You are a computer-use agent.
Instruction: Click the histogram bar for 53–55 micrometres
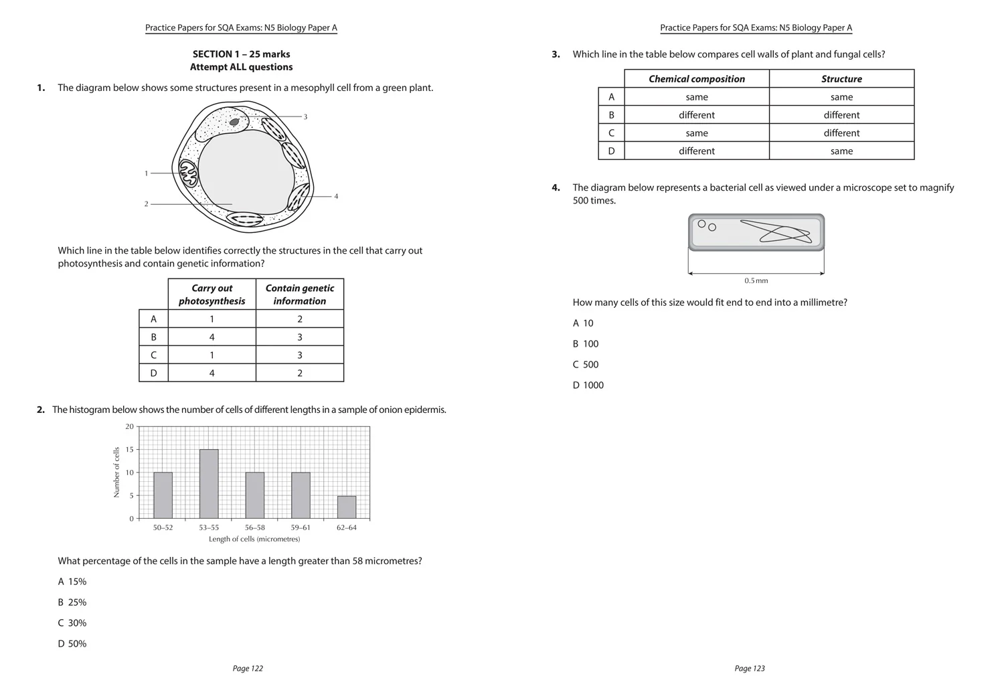click(x=209, y=484)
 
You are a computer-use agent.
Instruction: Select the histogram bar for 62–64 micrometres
click(x=347, y=507)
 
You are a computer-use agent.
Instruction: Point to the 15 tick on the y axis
click(x=129, y=450)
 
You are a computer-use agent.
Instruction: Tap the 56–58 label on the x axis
click(x=254, y=527)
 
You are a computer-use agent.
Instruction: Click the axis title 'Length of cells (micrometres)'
click(x=254, y=539)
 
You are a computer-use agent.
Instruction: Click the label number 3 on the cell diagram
click(x=305, y=117)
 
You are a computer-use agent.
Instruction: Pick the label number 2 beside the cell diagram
click(x=146, y=204)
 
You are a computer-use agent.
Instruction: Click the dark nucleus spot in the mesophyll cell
click(x=234, y=122)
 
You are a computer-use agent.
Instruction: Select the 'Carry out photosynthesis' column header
click(x=212, y=294)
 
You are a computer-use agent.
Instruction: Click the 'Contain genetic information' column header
click(x=299, y=294)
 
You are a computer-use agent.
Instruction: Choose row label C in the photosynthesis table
click(x=153, y=355)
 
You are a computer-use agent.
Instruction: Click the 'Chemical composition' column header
click(x=696, y=79)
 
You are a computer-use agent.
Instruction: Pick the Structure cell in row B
click(x=841, y=115)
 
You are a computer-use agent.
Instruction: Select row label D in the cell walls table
click(x=611, y=151)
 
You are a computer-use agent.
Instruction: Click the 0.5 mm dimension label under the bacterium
click(x=756, y=281)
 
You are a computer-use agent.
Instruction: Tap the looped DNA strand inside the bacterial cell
click(x=776, y=232)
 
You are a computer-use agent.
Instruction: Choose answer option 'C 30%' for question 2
click(x=72, y=623)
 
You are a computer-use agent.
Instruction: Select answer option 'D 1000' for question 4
click(x=588, y=386)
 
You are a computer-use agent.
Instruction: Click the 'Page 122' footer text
click(x=248, y=669)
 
